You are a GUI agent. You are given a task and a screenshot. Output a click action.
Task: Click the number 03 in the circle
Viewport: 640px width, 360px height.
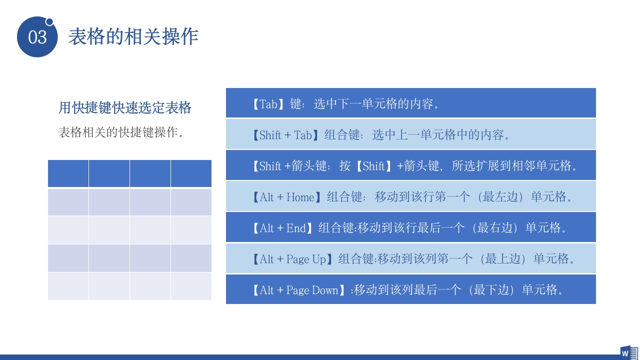click(x=37, y=37)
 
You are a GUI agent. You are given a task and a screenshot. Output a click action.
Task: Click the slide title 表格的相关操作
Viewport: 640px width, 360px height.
click(x=133, y=36)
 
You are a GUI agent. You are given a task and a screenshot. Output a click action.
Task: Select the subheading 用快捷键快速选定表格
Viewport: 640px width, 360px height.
click(x=125, y=107)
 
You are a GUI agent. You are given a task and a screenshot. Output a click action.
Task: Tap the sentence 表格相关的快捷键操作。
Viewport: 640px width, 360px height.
click(x=121, y=132)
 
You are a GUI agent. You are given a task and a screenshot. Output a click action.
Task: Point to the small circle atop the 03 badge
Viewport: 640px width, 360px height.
click(x=49, y=21)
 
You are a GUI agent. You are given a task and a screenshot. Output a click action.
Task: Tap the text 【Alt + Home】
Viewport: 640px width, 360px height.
click(x=286, y=197)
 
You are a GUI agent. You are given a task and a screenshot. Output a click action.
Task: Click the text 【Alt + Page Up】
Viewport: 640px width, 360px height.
click(x=292, y=259)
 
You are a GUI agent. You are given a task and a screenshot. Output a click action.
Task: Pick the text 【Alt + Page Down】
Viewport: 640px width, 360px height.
click(x=299, y=290)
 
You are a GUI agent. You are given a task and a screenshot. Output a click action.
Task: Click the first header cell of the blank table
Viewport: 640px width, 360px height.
click(x=68, y=173)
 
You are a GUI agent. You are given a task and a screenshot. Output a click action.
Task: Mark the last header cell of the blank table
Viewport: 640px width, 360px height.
click(x=191, y=173)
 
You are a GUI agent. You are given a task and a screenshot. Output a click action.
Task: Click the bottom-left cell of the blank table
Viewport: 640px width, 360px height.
click(x=68, y=286)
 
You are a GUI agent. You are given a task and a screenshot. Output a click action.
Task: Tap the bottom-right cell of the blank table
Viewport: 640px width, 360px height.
click(x=191, y=286)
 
